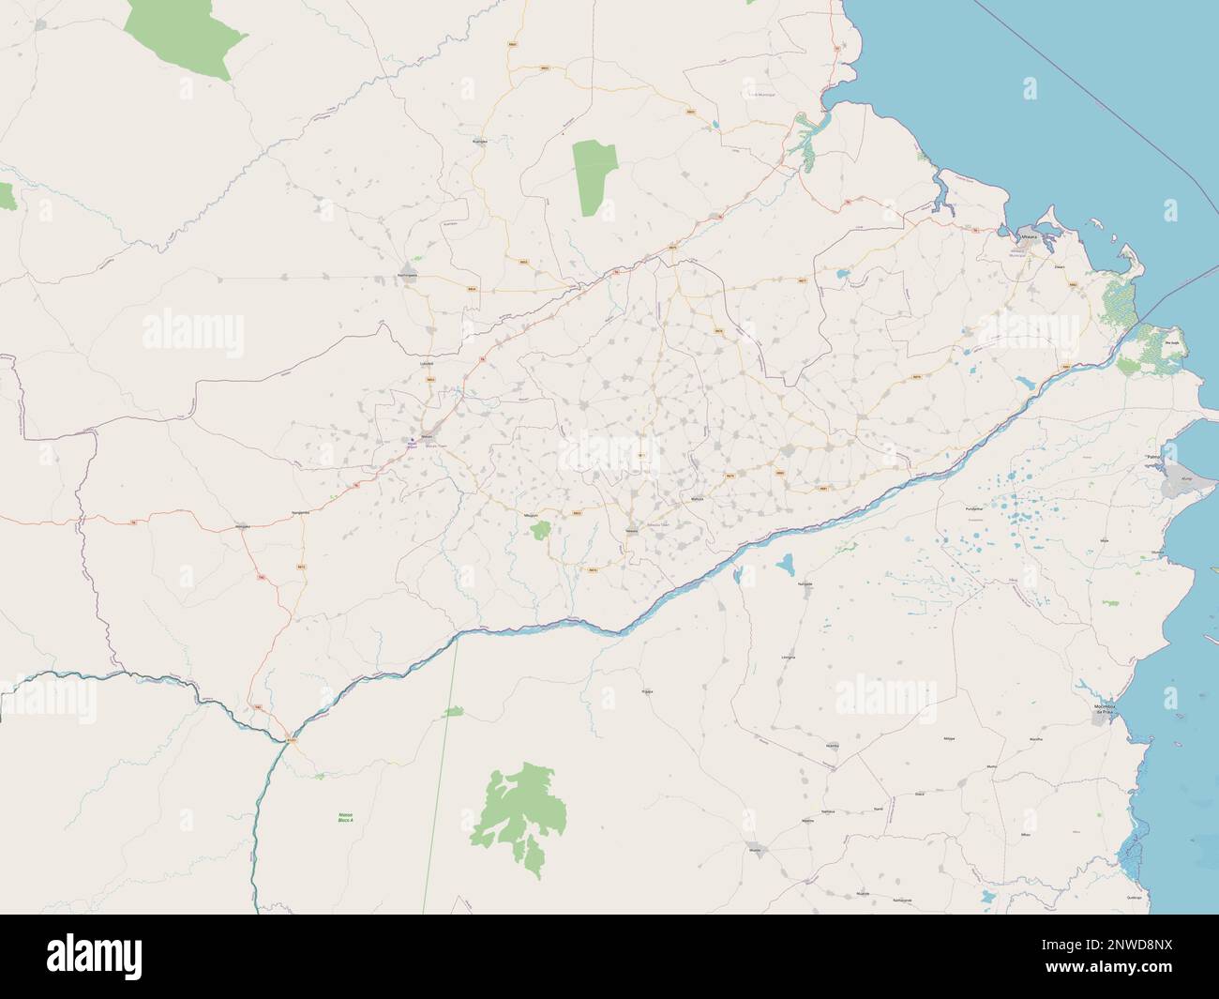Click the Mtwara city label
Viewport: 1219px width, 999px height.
tap(1030, 238)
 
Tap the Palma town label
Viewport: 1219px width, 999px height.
tap(1153, 457)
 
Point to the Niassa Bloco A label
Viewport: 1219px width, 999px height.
tap(345, 817)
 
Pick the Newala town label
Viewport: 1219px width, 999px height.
tap(631, 531)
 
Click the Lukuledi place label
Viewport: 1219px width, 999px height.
tap(427, 361)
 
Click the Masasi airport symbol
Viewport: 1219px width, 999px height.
tap(410, 439)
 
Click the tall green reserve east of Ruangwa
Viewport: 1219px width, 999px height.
tap(591, 177)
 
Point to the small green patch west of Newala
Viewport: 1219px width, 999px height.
tap(540, 532)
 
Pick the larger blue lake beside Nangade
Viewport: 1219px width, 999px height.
tap(784, 564)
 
